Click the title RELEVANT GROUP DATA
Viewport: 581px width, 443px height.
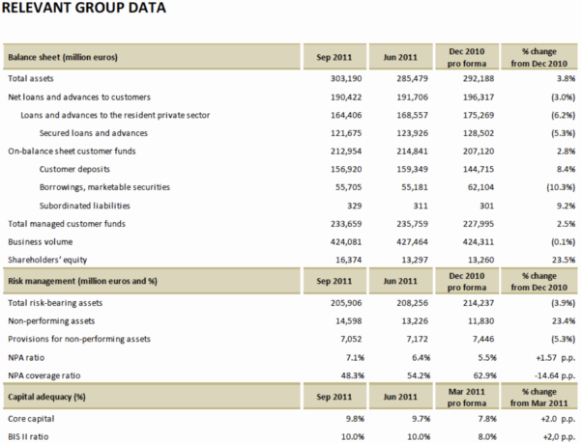pyautogui.click(x=85, y=10)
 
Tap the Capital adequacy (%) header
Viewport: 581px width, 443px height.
pyautogui.click(x=50, y=397)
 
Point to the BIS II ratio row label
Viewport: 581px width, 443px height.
pyautogui.click(x=32, y=436)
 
